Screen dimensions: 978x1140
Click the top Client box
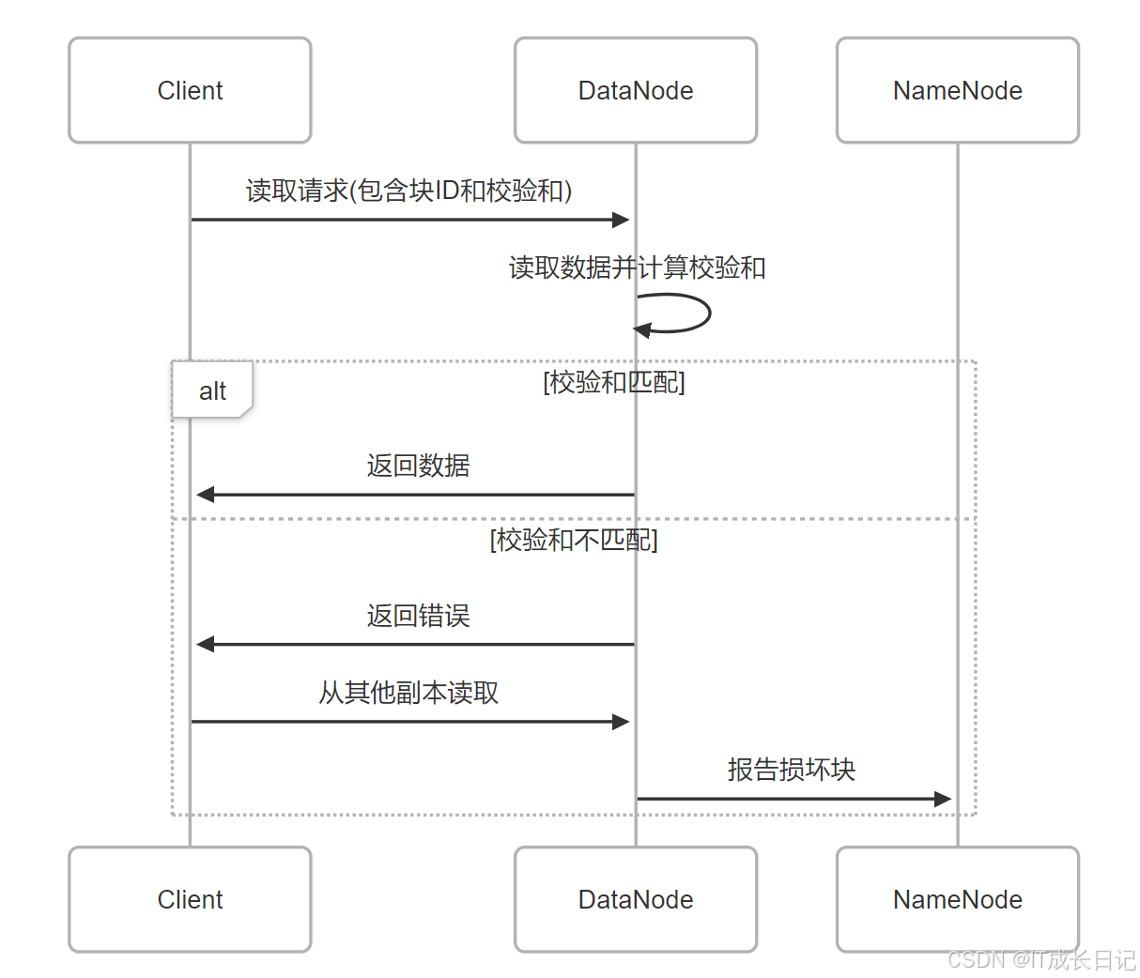(190, 91)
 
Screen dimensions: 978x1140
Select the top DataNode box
(636, 91)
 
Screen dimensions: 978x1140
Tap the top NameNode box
(957, 91)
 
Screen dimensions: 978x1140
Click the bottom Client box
(190, 899)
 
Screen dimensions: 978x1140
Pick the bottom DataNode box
(636, 899)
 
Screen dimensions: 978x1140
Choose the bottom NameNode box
(957, 899)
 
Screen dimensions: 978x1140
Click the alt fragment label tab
(212, 390)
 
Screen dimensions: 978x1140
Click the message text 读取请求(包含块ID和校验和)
(408, 191)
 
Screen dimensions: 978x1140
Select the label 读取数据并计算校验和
(637, 267)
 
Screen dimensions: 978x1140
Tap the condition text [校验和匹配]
(614, 382)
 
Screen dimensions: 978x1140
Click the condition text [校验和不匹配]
(574, 540)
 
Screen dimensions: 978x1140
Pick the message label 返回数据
(418, 466)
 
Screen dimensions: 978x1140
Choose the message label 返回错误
(418, 616)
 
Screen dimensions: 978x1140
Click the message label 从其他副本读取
(408, 693)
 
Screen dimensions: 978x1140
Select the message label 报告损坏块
(791, 770)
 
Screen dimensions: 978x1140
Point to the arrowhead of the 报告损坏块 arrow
(942, 799)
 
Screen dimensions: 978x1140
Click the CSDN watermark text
(1040, 959)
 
